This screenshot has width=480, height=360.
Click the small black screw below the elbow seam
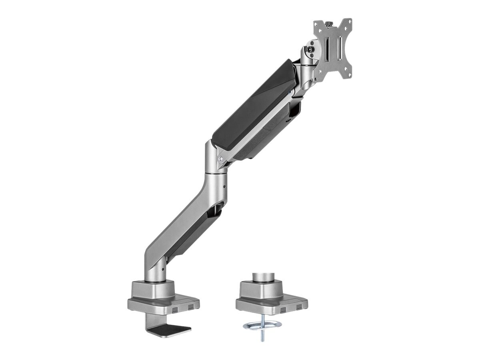click(224, 186)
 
